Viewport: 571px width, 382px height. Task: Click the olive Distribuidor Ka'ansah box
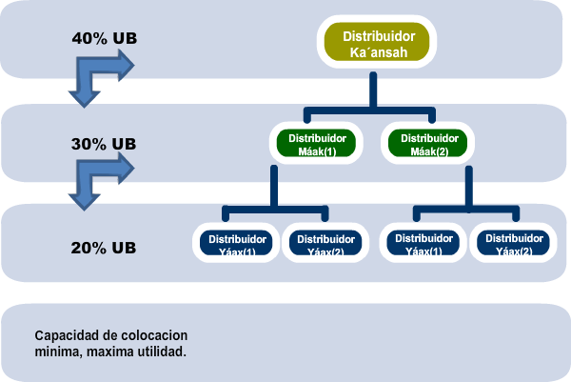tap(378, 42)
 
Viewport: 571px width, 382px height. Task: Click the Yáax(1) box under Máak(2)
tap(422, 244)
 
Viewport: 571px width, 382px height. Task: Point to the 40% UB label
tap(104, 39)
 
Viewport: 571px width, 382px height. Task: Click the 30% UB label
tap(104, 144)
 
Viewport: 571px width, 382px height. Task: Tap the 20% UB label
tap(104, 248)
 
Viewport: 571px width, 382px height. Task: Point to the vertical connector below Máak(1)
tap(273, 185)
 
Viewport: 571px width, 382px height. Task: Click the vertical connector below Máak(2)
tap(468, 185)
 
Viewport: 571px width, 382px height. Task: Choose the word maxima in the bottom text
tap(108, 352)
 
